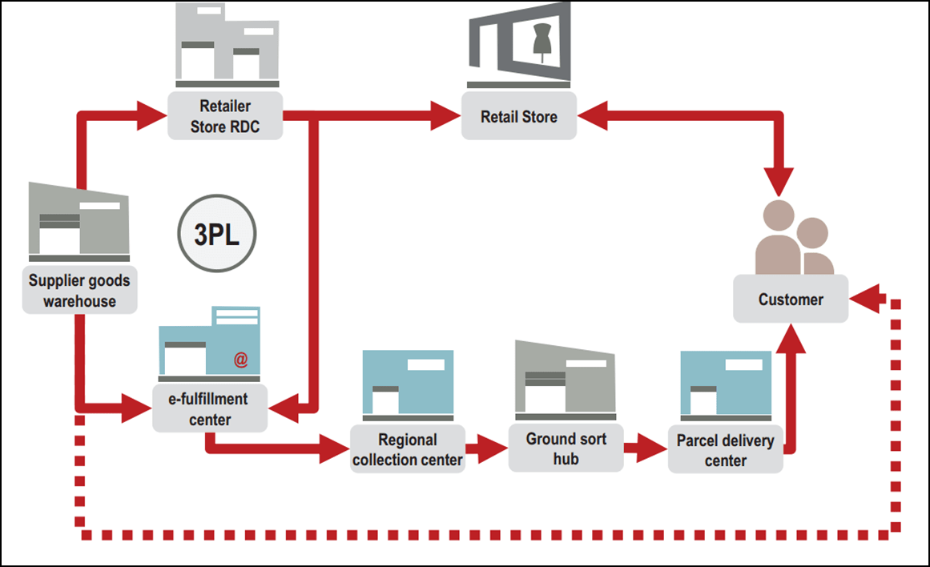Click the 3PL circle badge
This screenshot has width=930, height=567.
coord(217,234)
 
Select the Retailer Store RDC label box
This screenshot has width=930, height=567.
coord(225,115)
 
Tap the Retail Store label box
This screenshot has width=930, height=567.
coord(519,115)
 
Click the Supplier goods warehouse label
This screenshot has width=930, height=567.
coord(79,290)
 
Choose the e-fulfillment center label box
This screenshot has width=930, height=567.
coord(210,408)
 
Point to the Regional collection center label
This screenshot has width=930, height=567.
coord(408,449)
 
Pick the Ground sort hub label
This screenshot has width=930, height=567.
coord(566,448)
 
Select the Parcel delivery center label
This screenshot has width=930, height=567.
coord(726,449)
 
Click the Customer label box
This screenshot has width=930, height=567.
coord(791,299)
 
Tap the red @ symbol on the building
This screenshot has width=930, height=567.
coord(241,360)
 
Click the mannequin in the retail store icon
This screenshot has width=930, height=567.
coord(541,41)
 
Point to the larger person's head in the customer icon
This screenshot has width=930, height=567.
coord(778,215)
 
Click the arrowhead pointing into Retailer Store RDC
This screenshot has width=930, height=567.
coord(152,115)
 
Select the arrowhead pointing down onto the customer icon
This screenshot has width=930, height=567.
coord(778,182)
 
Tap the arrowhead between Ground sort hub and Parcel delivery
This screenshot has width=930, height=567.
coord(652,448)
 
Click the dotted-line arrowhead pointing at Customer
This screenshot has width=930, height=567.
coord(865,299)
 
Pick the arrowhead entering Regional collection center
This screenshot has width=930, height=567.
coord(335,448)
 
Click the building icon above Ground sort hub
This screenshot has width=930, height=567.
coord(566,380)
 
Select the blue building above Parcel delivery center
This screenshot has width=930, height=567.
coord(726,385)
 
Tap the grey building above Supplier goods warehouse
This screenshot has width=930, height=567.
coord(79,222)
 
